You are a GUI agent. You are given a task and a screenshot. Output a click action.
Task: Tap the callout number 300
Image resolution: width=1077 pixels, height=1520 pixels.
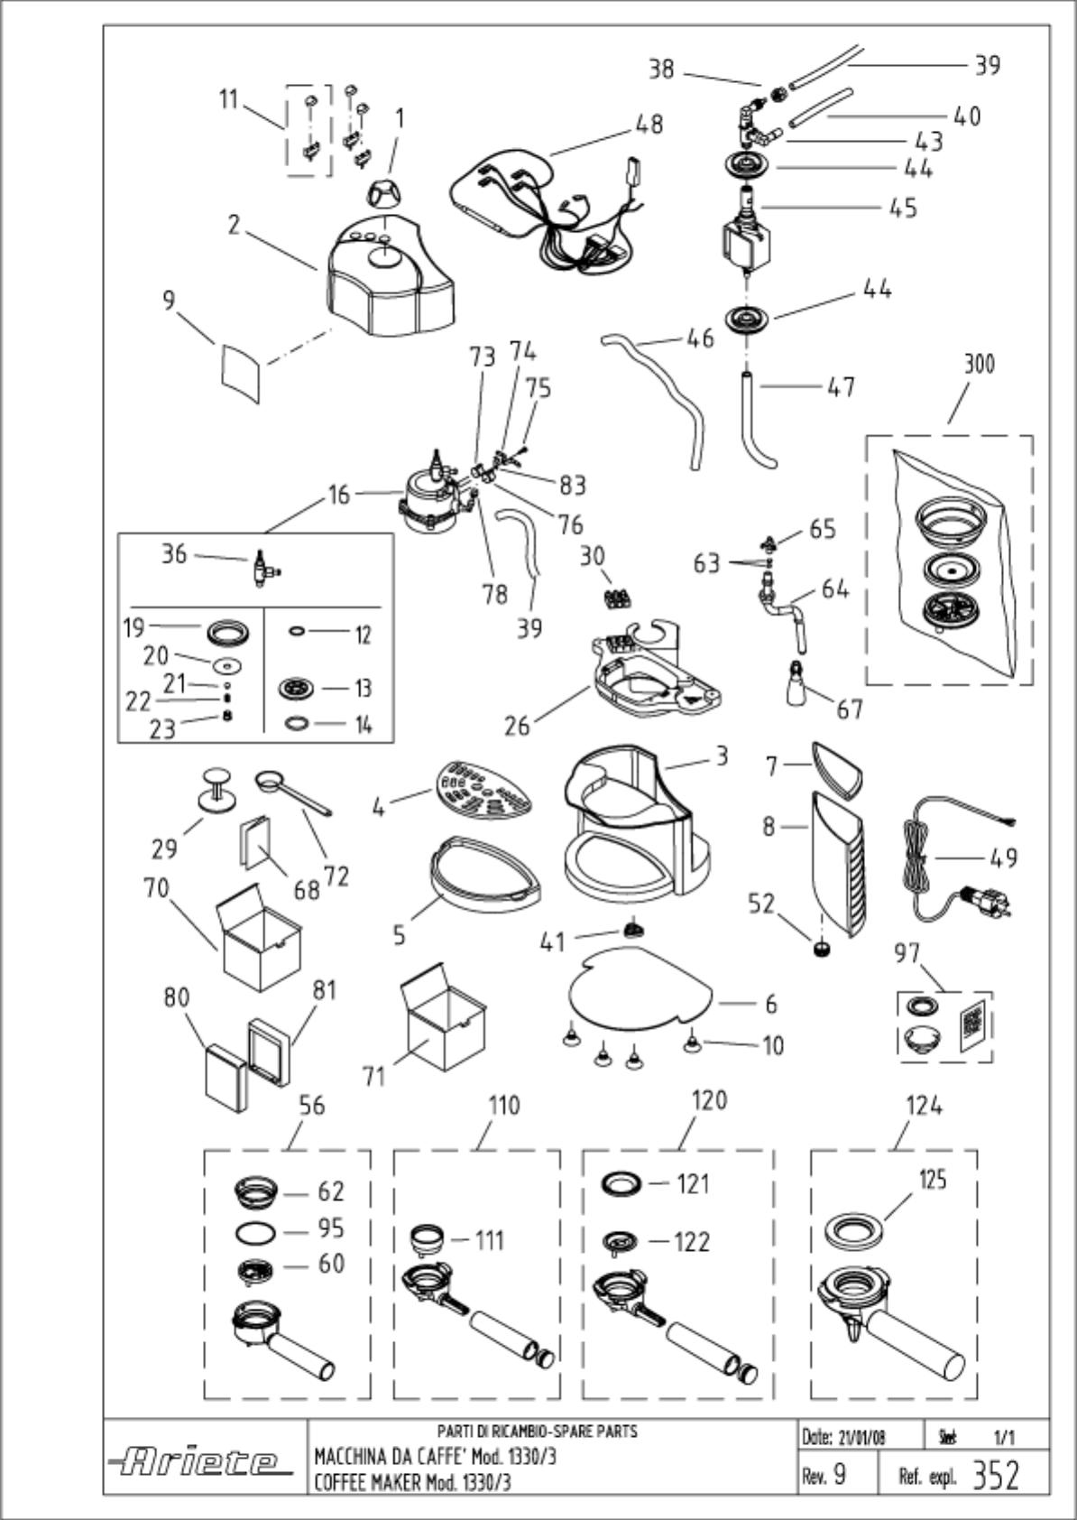pos(979,365)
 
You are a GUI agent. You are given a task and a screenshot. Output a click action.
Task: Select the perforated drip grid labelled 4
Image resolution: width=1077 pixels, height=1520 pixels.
pos(483,791)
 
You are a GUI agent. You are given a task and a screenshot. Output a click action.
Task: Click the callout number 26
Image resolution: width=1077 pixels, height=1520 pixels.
pos(517,726)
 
